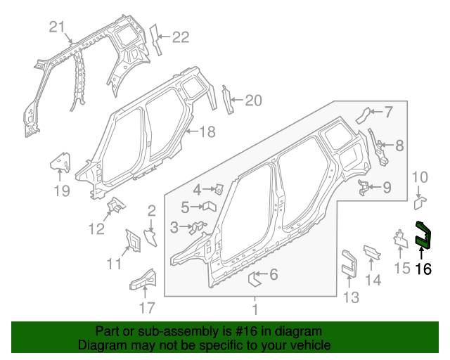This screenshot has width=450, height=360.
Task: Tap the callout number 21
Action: (x=57, y=27)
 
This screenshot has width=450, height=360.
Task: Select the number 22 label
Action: (x=181, y=37)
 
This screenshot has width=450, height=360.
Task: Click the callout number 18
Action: (x=206, y=131)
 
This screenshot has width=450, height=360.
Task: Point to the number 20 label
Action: (x=252, y=101)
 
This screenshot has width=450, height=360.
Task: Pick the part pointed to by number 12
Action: (x=114, y=205)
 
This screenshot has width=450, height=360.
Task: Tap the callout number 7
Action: (x=388, y=111)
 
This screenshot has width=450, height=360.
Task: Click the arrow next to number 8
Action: (x=382, y=146)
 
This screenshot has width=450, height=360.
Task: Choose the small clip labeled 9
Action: (x=364, y=186)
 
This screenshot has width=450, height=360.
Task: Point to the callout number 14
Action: (x=373, y=280)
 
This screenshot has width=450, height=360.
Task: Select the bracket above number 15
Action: (x=400, y=238)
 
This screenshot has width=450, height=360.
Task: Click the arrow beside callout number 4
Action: (x=209, y=188)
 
